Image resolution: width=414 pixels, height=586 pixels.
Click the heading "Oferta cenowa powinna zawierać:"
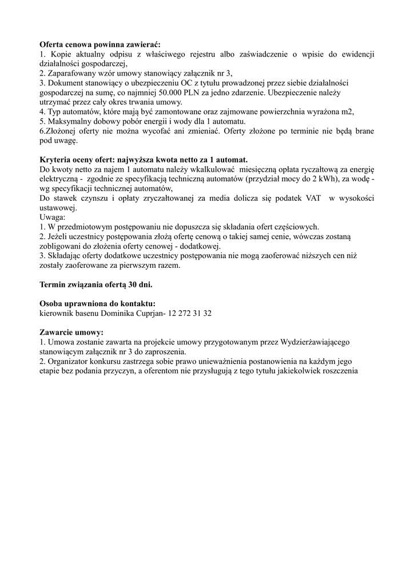100,45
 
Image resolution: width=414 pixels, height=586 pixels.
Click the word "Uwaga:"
53,217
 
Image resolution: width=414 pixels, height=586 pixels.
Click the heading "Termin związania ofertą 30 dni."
96,284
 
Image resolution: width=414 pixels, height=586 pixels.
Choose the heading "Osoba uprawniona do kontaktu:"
97,304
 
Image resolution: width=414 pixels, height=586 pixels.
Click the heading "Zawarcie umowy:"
71,332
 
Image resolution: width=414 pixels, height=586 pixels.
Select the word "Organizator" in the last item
70,362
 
